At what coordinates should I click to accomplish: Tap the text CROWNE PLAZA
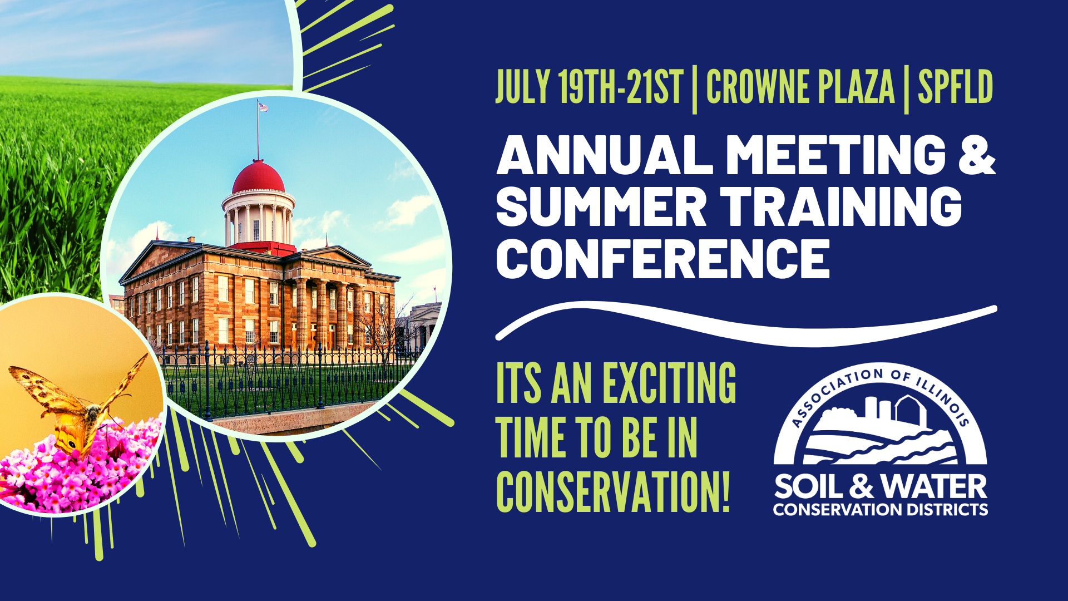(x=800, y=87)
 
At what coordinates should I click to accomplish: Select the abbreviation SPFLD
(x=955, y=87)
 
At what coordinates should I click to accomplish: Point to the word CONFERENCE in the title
(x=663, y=259)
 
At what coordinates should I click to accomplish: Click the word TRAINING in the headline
(x=840, y=206)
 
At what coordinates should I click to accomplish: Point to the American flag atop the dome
(x=263, y=107)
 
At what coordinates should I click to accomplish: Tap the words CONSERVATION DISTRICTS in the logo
(x=881, y=509)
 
